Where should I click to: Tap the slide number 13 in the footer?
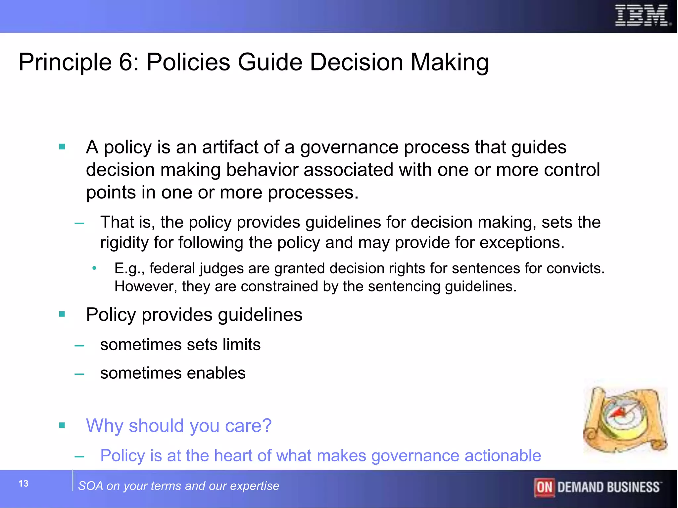click(24, 484)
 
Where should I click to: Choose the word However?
click(146, 286)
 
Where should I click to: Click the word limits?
click(241, 345)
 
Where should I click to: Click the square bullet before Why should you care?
click(62, 425)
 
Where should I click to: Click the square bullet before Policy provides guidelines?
click(62, 314)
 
